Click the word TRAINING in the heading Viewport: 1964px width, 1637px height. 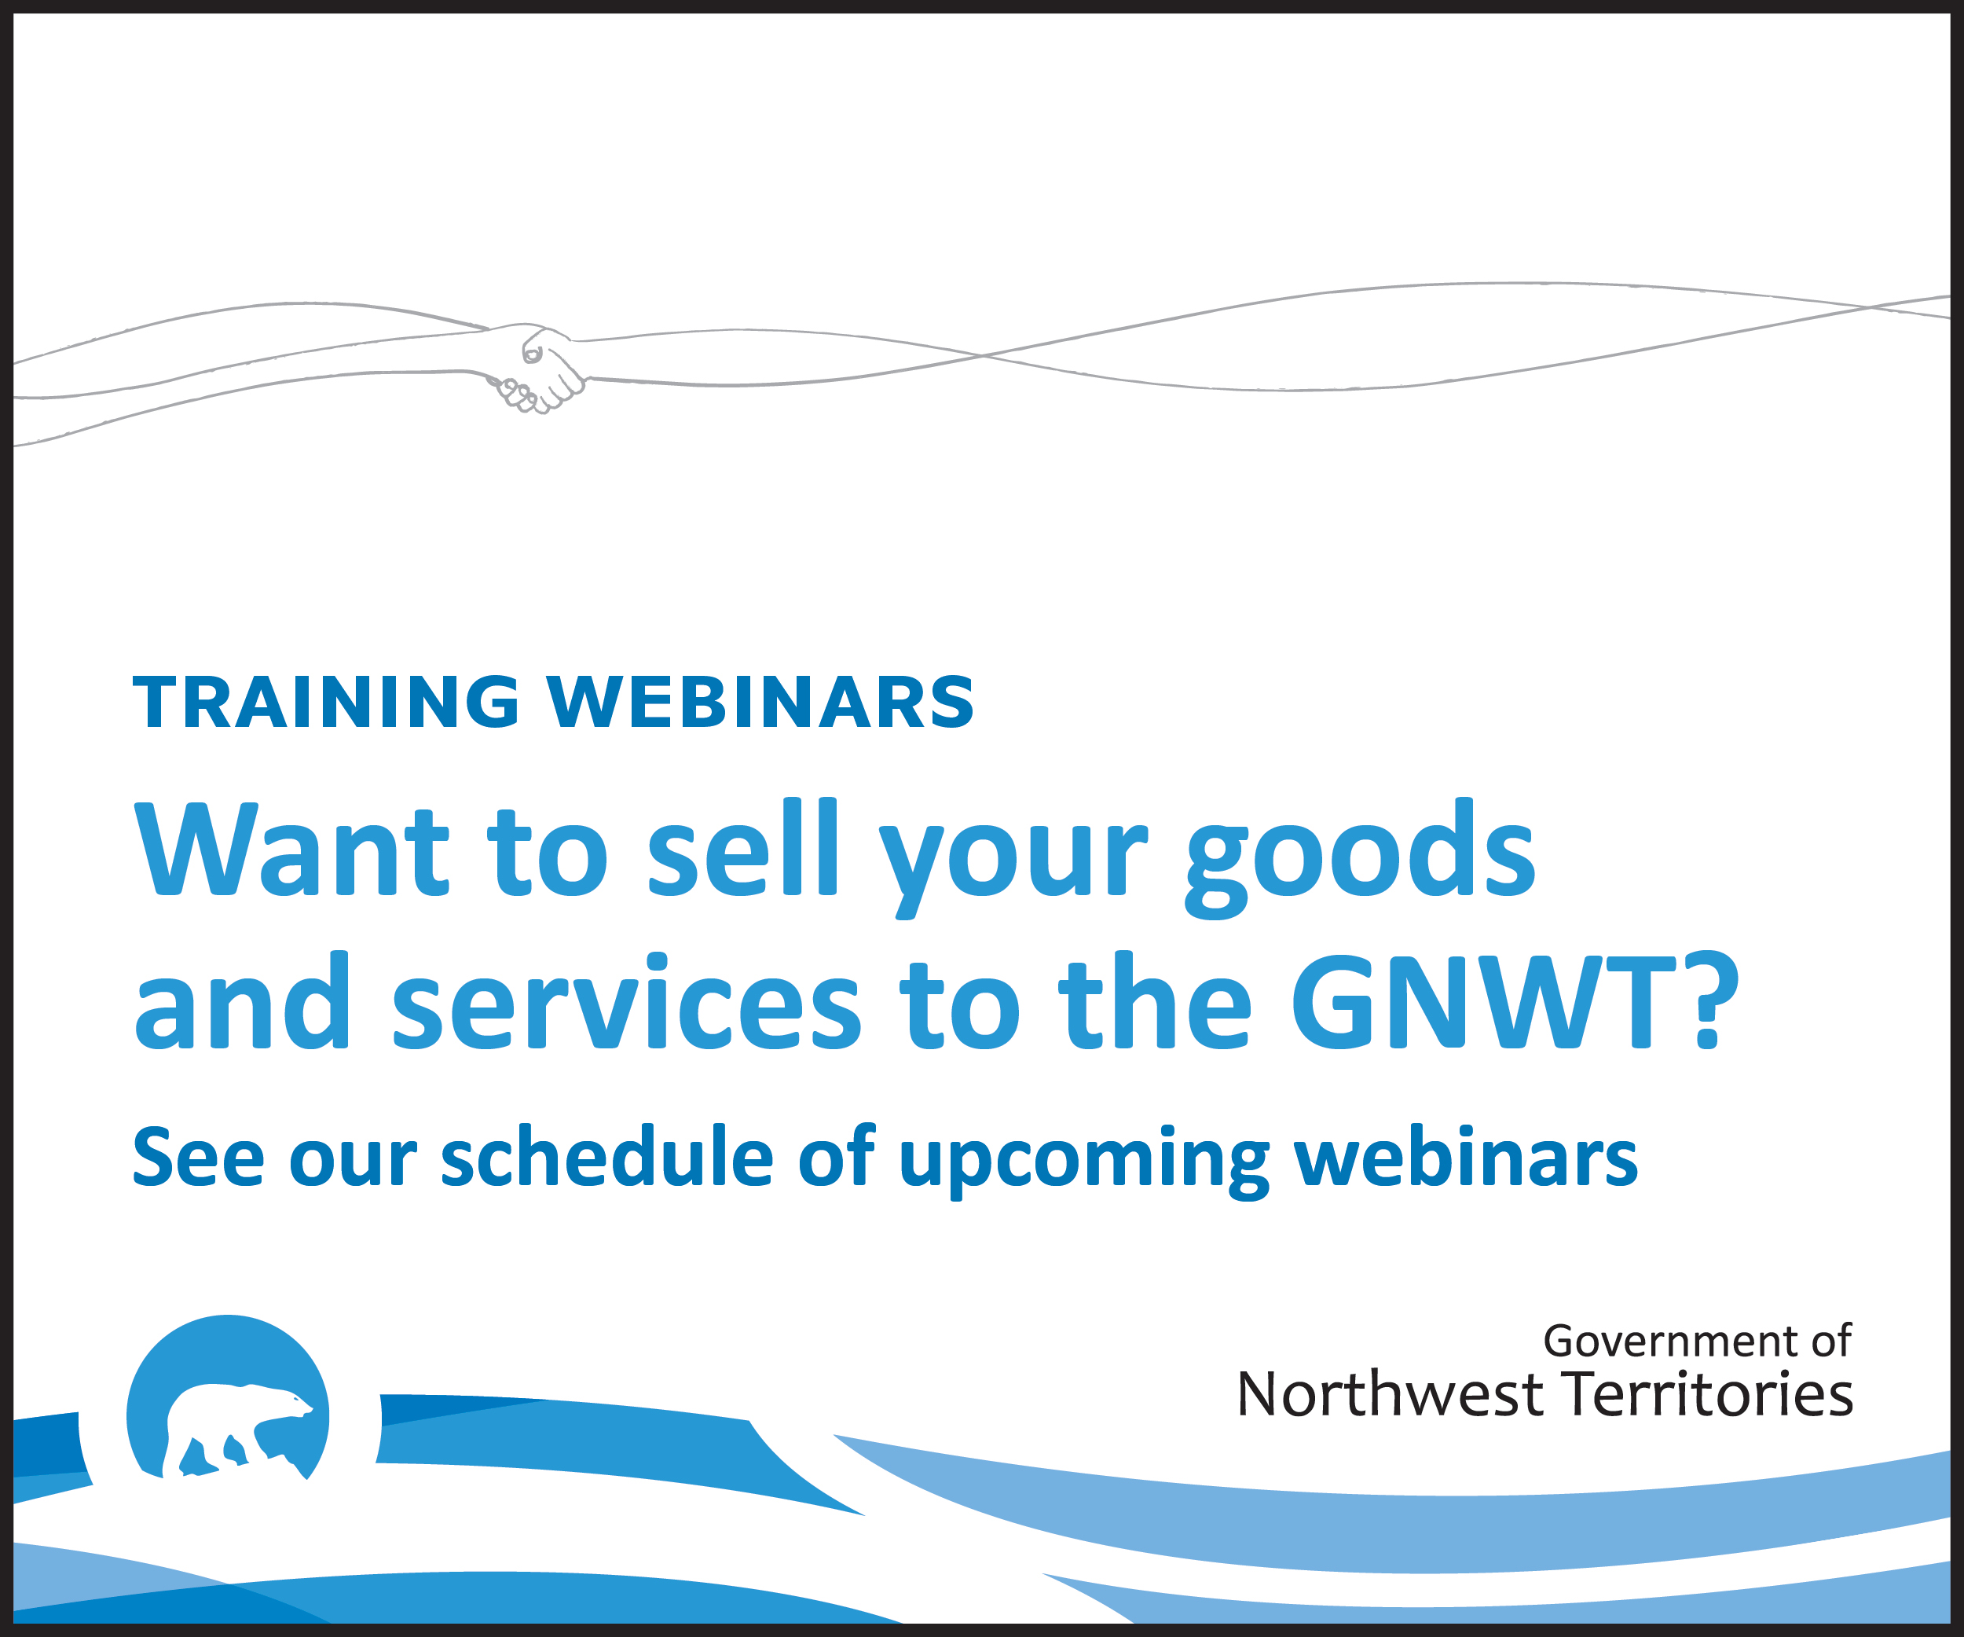click(326, 703)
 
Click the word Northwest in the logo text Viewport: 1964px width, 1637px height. click(1390, 1395)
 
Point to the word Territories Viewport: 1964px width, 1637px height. click(1708, 1395)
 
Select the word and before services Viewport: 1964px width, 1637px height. click(241, 1001)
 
